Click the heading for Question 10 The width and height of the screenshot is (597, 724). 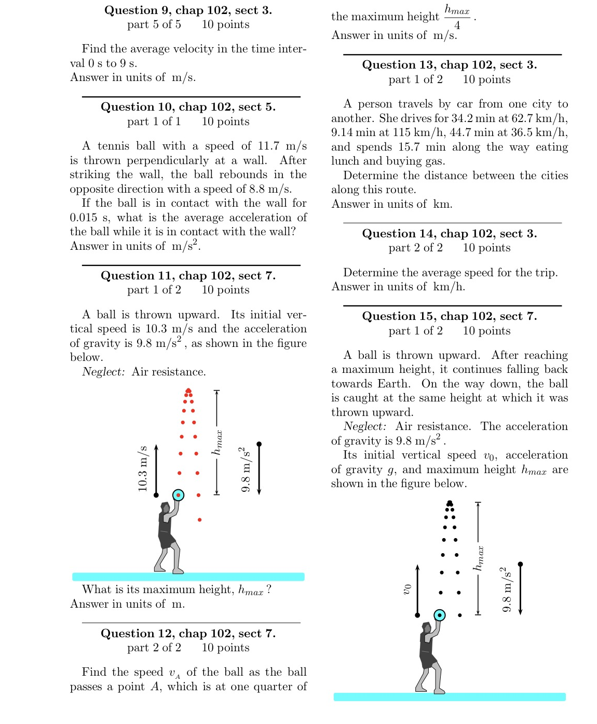point(188,107)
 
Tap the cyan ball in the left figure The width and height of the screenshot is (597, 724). point(178,495)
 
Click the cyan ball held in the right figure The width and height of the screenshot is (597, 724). point(440,615)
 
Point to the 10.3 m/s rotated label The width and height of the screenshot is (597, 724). point(143,468)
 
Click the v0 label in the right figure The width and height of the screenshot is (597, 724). point(408,588)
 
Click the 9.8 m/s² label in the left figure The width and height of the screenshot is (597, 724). point(245,469)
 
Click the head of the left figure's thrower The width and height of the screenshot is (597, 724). point(165,507)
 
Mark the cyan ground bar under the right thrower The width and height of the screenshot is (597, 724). point(450,697)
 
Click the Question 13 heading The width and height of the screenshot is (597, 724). point(450,65)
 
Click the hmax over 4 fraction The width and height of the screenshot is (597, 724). point(457,17)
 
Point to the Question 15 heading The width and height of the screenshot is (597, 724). point(450,316)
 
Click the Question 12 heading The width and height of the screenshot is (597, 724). point(188,634)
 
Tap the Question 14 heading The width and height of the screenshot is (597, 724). point(450,234)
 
